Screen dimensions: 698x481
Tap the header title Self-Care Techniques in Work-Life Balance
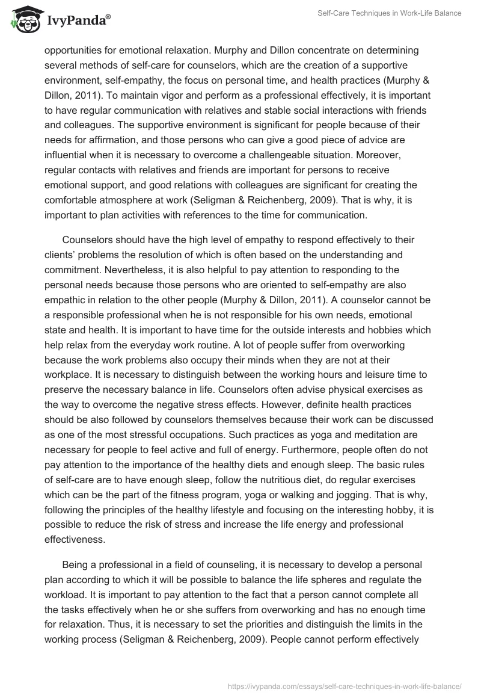(x=390, y=14)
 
